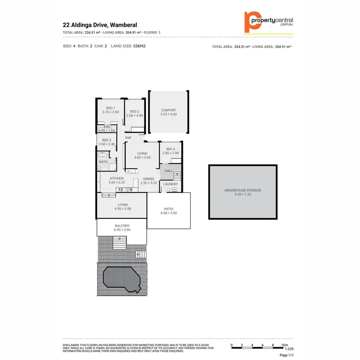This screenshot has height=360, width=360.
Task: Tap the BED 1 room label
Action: tap(110, 108)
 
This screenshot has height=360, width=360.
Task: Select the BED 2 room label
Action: tap(134, 111)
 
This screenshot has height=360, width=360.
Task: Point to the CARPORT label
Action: tap(168, 110)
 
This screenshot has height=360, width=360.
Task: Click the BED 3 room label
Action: tap(106, 140)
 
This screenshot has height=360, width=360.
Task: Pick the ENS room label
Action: tap(107, 127)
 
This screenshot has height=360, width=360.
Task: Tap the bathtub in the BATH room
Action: tap(103, 155)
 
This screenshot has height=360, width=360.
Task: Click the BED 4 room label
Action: tap(170, 149)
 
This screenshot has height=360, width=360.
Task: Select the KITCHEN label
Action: tap(117, 179)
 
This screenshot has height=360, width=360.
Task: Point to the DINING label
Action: tap(149, 179)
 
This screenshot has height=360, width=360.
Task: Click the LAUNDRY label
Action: tap(170, 184)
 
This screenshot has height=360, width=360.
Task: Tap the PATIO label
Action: tap(168, 209)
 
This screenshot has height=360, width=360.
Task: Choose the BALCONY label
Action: tap(122, 226)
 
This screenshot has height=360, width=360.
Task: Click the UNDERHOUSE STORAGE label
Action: tap(243, 190)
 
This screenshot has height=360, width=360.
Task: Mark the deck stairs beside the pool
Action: tap(141, 254)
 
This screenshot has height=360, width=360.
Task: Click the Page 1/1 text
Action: tap(286, 355)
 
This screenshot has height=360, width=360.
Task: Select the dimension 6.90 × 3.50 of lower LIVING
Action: tap(122, 209)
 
